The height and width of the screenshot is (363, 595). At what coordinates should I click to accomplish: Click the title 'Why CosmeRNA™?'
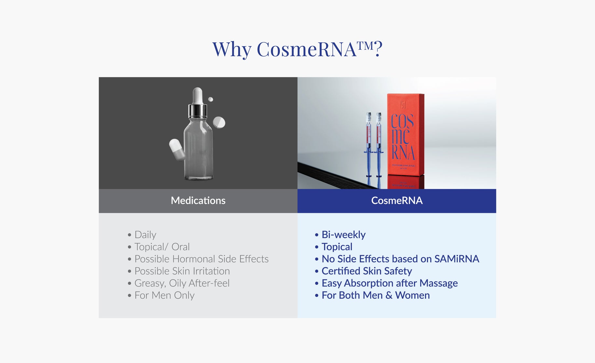(297, 50)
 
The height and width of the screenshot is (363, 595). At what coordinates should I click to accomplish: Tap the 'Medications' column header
(198, 200)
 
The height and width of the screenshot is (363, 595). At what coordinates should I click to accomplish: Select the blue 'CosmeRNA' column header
(397, 200)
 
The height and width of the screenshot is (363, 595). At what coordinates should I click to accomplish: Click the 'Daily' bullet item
(145, 235)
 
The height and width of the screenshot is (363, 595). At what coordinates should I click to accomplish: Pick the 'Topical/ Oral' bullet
(162, 247)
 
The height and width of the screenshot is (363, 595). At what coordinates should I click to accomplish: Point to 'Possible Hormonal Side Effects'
(201, 259)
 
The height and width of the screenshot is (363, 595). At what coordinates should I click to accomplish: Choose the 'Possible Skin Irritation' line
(182, 271)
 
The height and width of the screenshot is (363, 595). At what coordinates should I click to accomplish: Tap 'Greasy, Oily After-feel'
(182, 283)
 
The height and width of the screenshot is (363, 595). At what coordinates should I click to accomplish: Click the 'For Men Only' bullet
(164, 295)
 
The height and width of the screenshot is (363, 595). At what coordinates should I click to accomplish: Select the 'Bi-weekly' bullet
(343, 235)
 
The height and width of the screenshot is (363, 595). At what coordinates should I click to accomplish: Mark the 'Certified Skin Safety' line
(367, 271)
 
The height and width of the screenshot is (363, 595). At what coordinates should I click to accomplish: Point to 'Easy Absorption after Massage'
(389, 283)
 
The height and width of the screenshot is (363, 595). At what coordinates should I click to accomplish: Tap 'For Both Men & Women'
(375, 295)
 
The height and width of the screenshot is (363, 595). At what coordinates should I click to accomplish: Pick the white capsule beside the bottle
(177, 149)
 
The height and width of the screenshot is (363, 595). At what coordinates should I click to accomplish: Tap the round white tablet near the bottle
(219, 123)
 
